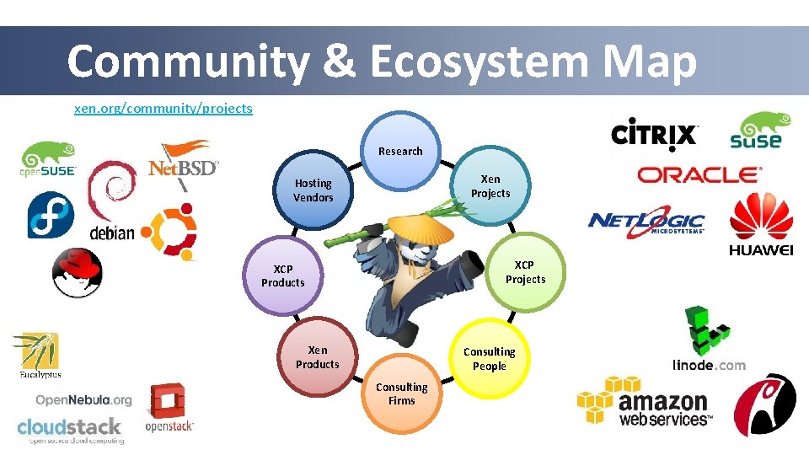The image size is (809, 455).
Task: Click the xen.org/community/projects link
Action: [x=163, y=109]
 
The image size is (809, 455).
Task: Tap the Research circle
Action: [x=400, y=151]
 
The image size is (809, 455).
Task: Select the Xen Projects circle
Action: [x=490, y=186]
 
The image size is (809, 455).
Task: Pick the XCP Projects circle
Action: [x=525, y=272]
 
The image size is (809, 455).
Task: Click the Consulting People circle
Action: [x=489, y=359]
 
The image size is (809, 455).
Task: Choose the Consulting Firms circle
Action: [x=401, y=393]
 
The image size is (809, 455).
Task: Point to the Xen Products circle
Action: [x=318, y=357]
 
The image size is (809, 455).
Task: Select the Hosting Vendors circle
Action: [x=313, y=190]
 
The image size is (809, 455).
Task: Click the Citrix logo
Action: [x=654, y=135]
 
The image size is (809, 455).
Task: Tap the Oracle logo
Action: [x=699, y=174]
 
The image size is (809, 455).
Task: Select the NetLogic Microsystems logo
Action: [x=646, y=222]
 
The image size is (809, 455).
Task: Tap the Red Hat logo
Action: [x=77, y=272]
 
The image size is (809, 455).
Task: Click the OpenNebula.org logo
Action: [x=83, y=399]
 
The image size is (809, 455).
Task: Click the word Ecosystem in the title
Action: [x=478, y=62]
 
